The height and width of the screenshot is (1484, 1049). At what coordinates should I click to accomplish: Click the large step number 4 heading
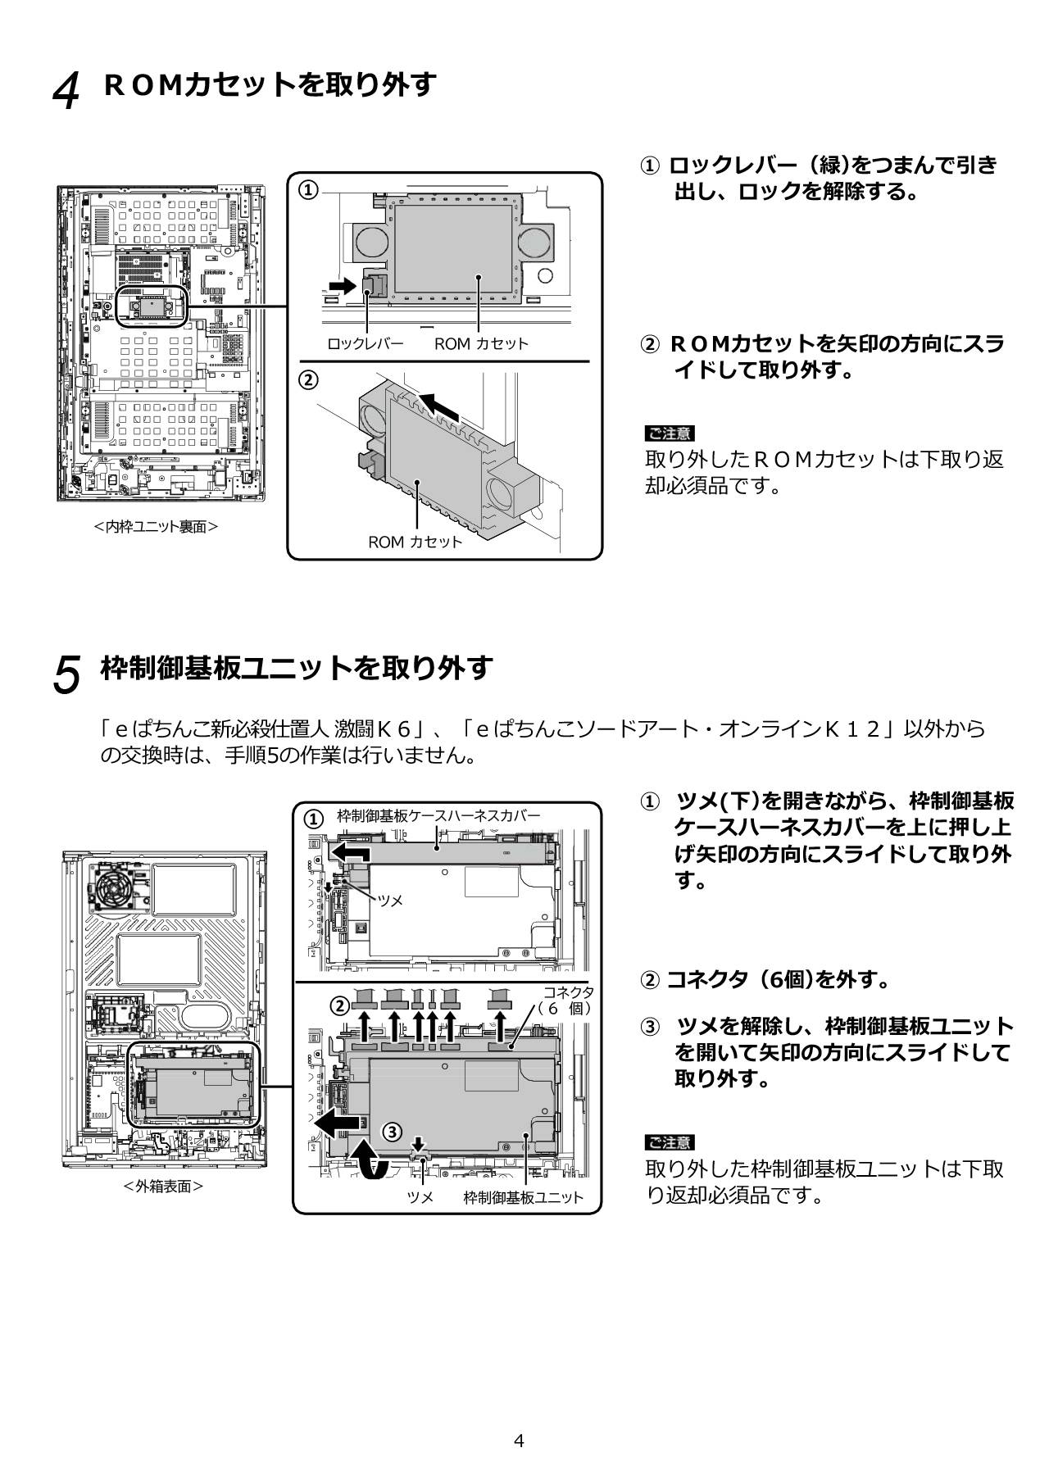(66, 90)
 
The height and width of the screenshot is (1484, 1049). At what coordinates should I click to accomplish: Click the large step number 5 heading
(66, 674)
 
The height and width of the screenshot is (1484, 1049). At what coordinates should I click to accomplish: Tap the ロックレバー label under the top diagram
(365, 344)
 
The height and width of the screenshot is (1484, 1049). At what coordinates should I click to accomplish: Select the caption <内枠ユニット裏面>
(156, 527)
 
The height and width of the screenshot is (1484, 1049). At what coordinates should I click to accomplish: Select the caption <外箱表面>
(163, 1186)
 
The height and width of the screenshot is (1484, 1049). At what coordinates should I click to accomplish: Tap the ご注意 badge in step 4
(669, 433)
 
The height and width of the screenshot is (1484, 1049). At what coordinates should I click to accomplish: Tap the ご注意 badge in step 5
(669, 1142)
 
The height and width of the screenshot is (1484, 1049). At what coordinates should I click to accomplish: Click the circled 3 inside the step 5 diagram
(393, 1132)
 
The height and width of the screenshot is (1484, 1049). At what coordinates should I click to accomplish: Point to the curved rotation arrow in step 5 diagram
(370, 1161)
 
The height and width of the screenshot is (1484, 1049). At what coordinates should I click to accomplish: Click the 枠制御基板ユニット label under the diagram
(523, 1198)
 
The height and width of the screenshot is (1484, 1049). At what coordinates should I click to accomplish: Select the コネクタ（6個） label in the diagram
(568, 1001)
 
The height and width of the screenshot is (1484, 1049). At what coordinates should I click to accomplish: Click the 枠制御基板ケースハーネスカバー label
(438, 816)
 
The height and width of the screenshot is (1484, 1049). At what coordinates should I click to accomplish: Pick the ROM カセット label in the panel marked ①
(481, 344)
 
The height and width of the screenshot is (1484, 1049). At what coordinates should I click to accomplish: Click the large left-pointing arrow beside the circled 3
(338, 1123)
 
